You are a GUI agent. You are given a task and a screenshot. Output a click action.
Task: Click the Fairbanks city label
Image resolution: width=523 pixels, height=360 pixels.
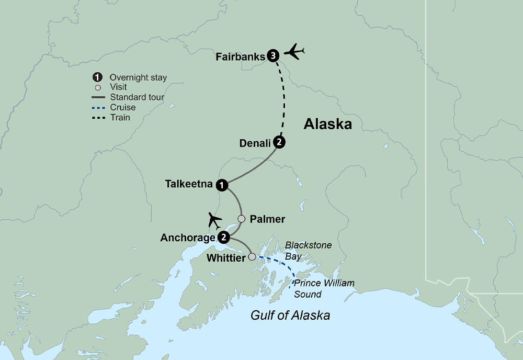point(241,57)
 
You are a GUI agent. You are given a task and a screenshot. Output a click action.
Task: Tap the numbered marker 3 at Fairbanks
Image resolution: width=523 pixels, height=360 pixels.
point(272,56)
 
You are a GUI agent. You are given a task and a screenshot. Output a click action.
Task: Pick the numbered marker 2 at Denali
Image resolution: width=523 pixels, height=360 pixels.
point(280,142)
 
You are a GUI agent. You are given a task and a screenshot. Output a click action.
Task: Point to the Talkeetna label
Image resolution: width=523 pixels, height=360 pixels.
point(189,184)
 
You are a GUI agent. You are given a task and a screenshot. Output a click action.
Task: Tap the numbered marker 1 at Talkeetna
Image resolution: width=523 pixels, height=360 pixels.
point(223,185)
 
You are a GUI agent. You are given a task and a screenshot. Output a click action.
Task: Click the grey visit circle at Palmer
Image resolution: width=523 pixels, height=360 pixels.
point(241,218)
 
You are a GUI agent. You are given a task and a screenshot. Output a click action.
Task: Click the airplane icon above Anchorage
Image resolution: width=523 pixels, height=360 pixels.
point(214,220)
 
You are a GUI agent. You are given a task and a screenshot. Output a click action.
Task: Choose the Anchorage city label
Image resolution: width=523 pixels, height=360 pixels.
point(188,238)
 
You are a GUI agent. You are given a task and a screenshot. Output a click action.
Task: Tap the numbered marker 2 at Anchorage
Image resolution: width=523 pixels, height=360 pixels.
point(224,238)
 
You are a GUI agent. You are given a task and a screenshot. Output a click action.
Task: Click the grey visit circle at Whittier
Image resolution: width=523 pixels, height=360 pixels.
point(252,257)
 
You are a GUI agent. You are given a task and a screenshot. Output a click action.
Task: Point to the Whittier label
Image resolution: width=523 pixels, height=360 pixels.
point(225,257)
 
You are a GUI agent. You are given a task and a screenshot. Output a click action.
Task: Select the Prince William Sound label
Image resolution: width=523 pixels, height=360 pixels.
point(324,288)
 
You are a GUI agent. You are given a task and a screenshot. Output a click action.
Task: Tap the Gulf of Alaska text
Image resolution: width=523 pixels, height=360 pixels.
point(290,316)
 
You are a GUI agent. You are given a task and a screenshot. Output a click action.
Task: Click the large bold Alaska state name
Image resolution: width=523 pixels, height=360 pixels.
point(328,125)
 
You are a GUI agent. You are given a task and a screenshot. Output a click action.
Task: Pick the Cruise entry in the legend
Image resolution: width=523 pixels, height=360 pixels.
point(122,107)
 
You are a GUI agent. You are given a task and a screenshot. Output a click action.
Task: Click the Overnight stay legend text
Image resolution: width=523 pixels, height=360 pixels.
point(138,77)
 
